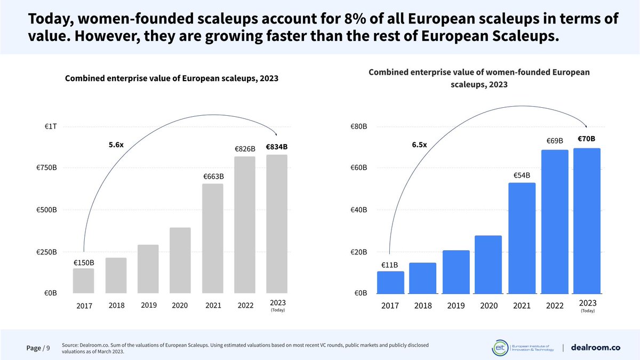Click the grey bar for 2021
pos(212,238)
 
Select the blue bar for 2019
pos(456,272)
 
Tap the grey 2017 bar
pos(83,281)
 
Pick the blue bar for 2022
pos(554,221)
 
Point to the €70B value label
pos(586,139)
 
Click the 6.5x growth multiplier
pos(419,145)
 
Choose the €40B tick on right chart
pos(358,210)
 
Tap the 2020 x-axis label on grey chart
pos(180,306)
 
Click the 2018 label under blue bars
pos(422,306)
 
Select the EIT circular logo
pos(500,347)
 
